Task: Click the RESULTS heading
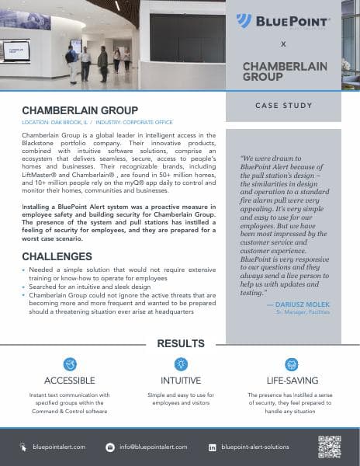coord(180,343)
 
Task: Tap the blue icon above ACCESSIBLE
coord(70,363)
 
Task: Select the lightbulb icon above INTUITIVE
coord(181,363)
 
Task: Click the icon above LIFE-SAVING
coord(292,363)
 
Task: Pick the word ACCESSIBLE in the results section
coord(70,381)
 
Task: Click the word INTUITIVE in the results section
coord(181,381)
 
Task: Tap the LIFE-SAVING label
coord(292,381)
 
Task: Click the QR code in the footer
coord(329,447)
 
